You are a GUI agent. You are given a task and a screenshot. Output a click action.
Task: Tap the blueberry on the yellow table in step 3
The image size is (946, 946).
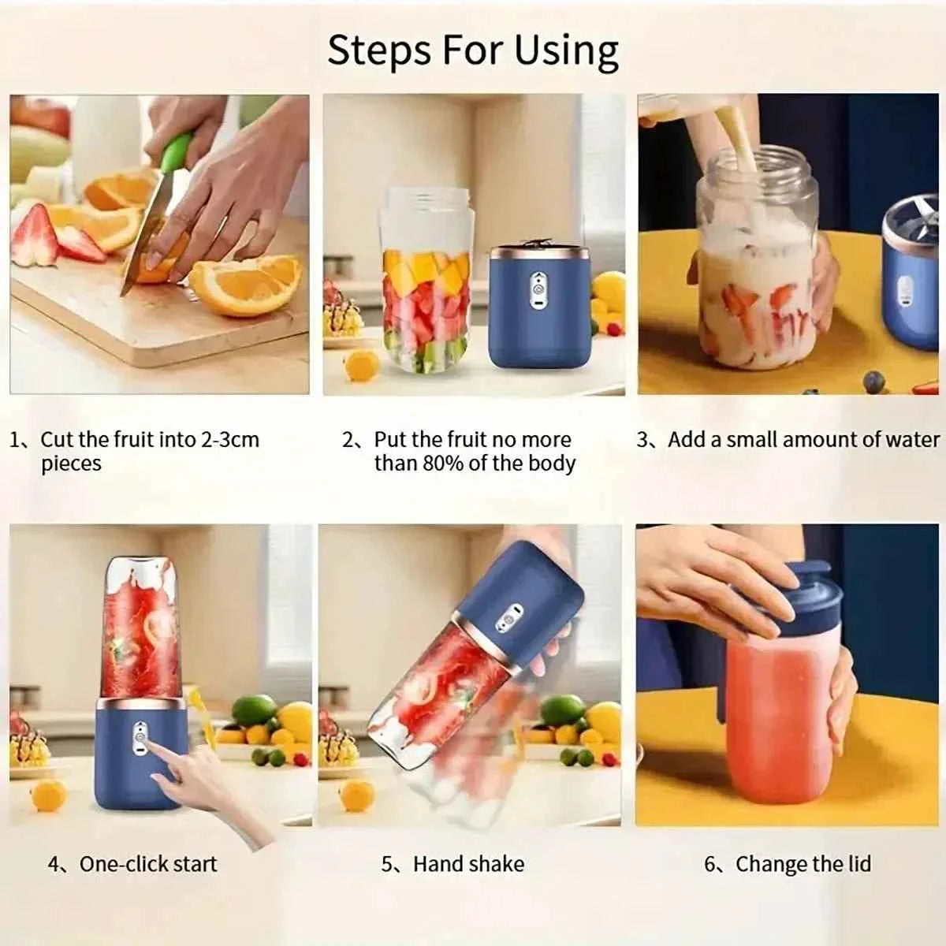point(873,382)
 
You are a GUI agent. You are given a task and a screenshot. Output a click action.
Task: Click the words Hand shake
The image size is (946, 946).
point(468,864)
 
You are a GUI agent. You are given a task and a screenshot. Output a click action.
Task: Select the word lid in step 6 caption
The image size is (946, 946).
point(855,864)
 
